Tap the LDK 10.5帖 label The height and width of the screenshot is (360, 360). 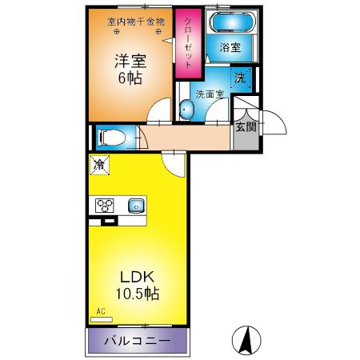point(137,284)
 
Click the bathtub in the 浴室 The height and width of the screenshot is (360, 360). point(230,23)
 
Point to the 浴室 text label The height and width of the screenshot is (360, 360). point(230,48)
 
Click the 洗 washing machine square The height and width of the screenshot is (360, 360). point(240,78)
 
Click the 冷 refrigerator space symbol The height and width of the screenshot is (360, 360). point(100,166)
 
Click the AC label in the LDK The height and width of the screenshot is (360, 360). point(101,312)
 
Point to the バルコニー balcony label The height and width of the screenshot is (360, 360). point(138,342)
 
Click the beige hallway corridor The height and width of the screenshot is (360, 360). point(188,140)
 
